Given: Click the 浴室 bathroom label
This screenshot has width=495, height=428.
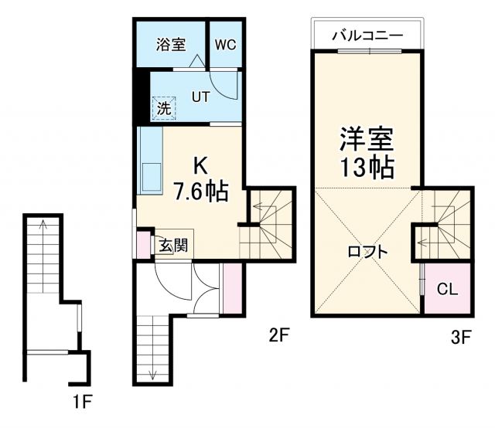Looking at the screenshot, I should pyautogui.click(x=171, y=44).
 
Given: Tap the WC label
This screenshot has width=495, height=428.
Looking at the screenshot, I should pyautogui.click(x=225, y=44).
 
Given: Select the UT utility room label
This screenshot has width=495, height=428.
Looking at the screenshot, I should pyautogui.click(x=201, y=97).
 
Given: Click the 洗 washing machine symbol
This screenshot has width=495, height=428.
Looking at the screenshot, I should pyautogui.click(x=163, y=108).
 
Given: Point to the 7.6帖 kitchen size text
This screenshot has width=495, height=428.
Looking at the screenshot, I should pyautogui.click(x=200, y=191).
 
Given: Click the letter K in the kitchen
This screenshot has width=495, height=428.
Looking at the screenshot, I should pyautogui.click(x=200, y=165).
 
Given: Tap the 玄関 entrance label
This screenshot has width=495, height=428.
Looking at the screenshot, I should pyautogui.click(x=172, y=246).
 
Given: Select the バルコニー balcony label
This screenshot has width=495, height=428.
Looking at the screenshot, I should pyautogui.click(x=367, y=36).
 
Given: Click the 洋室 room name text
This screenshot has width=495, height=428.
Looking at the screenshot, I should pyautogui.click(x=367, y=139).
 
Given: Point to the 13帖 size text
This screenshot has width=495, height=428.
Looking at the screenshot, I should pyautogui.click(x=367, y=166).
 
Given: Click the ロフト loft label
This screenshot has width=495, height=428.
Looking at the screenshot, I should pyautogui.click(x=367, y=251).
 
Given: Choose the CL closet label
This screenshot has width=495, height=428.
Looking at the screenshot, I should pyautogui.click(x=447, y=290).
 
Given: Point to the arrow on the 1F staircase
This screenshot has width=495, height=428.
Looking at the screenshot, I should pyautogui.click(x=43, y=229).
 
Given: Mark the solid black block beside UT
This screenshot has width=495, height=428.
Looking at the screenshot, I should pyautogui.click(x=142, y=97).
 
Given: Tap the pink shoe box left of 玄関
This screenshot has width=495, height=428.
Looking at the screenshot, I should pyautogui.click(x=142, y=243).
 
